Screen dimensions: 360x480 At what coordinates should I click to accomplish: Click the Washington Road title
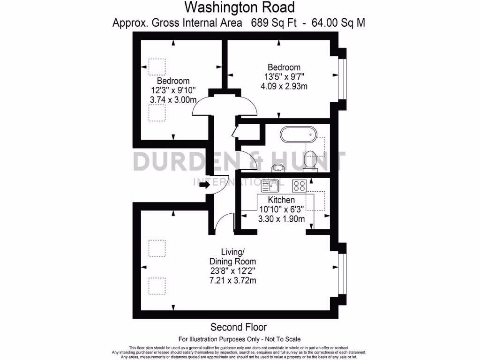[239, 7]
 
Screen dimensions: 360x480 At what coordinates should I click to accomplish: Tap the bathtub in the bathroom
[298, 135]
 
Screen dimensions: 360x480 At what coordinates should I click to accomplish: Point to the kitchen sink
[273, 186]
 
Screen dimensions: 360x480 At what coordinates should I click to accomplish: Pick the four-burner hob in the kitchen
[299, 186]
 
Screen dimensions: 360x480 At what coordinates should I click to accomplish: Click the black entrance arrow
[204, 185]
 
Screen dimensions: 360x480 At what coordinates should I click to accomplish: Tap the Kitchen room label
[282, 201]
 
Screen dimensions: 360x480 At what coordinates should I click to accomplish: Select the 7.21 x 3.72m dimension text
[232, 281]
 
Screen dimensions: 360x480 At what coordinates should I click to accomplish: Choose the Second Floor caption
[239, 327]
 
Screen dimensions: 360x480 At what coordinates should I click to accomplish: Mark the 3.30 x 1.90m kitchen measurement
[282, 219]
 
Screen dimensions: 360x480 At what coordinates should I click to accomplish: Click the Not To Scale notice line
[240, 339]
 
